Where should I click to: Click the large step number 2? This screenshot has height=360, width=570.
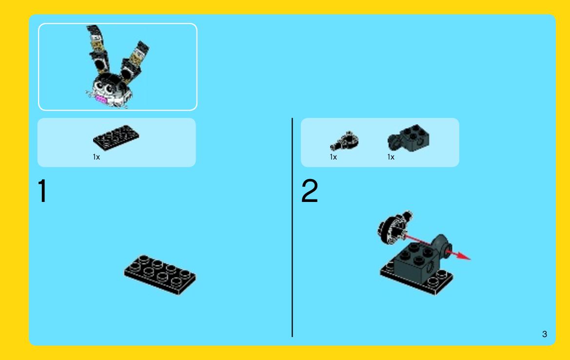tap(310, 191)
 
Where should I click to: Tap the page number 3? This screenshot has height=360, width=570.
tap(545, 334)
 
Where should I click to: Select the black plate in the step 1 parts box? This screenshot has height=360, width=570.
tap(116, 138)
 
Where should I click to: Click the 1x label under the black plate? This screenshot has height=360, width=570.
tap(97, 157)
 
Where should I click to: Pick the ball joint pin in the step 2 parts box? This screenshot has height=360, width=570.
tap(344, 141)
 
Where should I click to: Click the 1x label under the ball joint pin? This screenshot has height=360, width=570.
tap(334, 157)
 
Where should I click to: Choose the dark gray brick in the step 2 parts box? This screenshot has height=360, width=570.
tap(409, 138)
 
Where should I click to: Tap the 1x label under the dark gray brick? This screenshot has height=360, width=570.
tap(391, 157)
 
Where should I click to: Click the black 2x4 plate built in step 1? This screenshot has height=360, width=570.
tap(160, 275)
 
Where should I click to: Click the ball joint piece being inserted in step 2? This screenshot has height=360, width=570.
tap(394, 227)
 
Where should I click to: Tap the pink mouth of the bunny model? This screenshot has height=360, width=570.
tap(101, 100)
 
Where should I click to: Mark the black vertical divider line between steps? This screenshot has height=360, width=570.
tap(292, 227)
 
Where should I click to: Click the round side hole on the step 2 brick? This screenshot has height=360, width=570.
tap(430, 268)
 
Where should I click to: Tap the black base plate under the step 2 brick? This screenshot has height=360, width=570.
tap(416, 278)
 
